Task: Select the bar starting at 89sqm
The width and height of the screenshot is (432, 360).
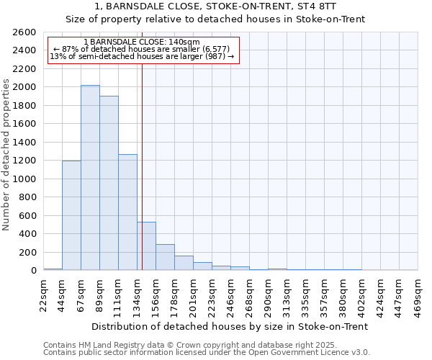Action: point(109,183)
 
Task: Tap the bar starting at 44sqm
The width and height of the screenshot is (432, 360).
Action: point(71,215)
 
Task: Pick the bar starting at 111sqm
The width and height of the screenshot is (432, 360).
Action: point(127,212)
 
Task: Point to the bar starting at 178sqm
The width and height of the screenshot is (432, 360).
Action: point(184,263)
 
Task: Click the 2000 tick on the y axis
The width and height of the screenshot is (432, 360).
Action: point(26,87)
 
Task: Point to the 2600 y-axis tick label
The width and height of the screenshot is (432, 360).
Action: point(26,32)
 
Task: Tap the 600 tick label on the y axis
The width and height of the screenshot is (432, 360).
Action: point(29,215)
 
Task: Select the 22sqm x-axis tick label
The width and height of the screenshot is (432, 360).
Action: point(43,294)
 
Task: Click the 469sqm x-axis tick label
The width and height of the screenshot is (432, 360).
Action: point(418,294)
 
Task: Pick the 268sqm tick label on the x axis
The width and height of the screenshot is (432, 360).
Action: point(249,294)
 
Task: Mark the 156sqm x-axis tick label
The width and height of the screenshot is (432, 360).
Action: point(156,294)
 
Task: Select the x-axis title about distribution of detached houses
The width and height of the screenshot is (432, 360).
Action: point(230,326)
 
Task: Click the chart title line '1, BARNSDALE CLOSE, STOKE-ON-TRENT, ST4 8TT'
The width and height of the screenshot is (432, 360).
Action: point(215,6)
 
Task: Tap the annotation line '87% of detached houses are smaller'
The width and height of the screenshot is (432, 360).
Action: point(142,49)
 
